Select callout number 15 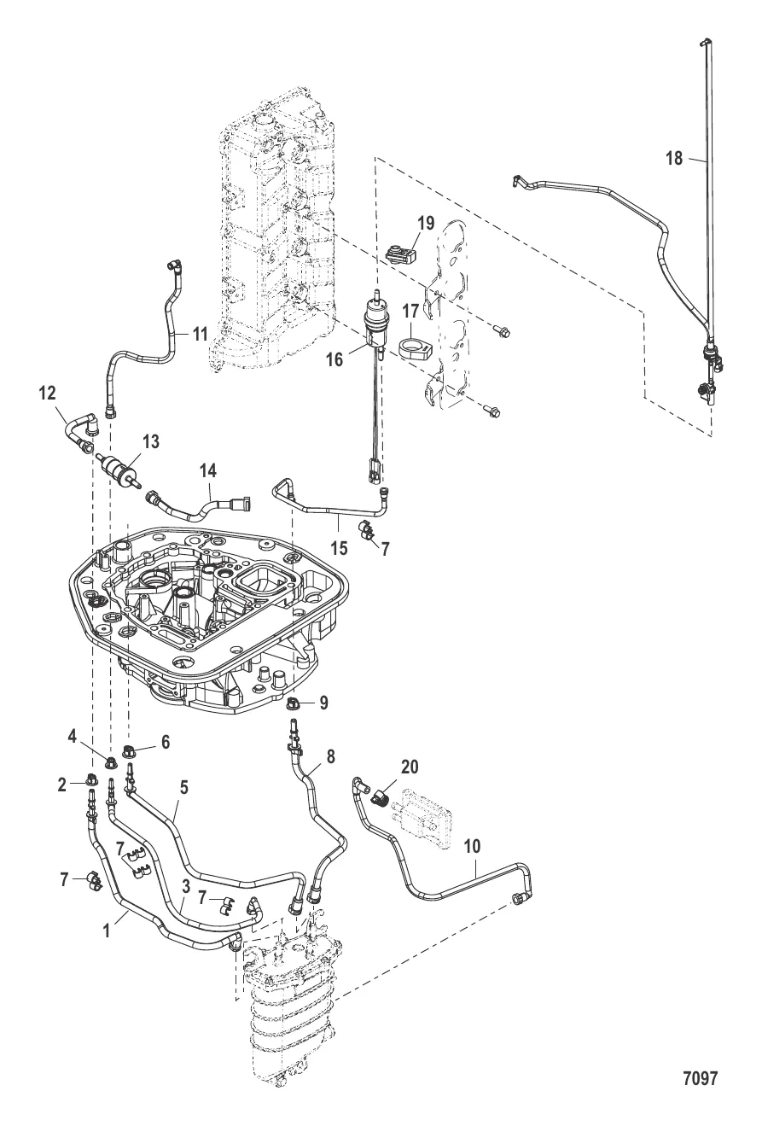click(x=340, y=548)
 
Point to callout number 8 click(x=330, y=756)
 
